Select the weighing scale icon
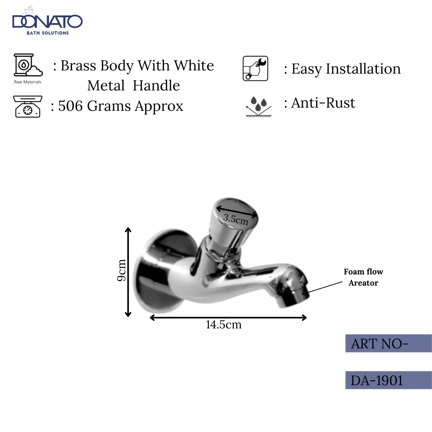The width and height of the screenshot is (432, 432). (x=27, y=106)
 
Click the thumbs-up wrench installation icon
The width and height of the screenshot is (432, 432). (x=255, y=69)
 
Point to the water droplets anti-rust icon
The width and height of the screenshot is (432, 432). (x=258, y=106)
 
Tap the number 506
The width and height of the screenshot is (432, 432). (x=71, y=106)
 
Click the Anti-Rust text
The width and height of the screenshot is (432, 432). (x=323, y=103)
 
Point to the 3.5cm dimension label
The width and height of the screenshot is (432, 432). (x=236, y=219)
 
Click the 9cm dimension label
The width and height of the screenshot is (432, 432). (x=122, y=270)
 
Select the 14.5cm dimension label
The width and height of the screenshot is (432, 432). (x=224, y=324)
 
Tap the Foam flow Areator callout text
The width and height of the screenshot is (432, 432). (x=363, y=277)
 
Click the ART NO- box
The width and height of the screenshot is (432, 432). (x=388, y=344)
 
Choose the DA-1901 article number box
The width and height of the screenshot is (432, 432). (x=388, y=380)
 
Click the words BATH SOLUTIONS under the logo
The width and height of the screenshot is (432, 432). (x=48, y=33)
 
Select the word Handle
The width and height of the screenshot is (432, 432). (x=156, y=86)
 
